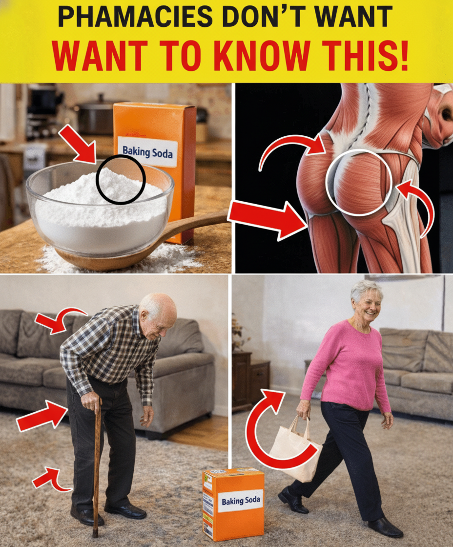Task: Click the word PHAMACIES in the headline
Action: pyautogui.click(x=135, y=17)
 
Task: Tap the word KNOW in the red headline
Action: pyautogui.click(x=262, y=56)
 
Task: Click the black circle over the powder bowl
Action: pyautogui.click(x=121, y=179)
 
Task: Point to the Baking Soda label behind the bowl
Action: pyautogui.click(x=147, y=152)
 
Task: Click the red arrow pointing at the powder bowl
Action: pyautogui.click(x=78, y=144)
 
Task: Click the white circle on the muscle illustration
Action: pyautogui.click(x=359, y=183)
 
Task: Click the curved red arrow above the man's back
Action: pyautogui.click(x=59, y=319)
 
